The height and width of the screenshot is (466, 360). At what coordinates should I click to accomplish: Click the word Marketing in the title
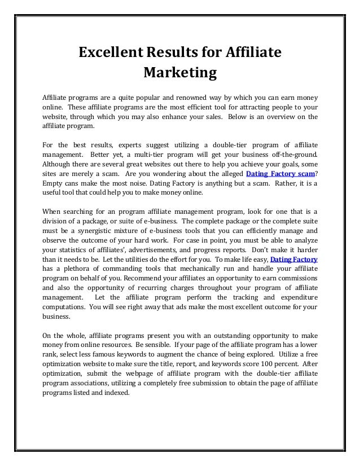pos(180,73)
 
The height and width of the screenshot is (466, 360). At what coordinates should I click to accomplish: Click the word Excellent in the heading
pos(109,54)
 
